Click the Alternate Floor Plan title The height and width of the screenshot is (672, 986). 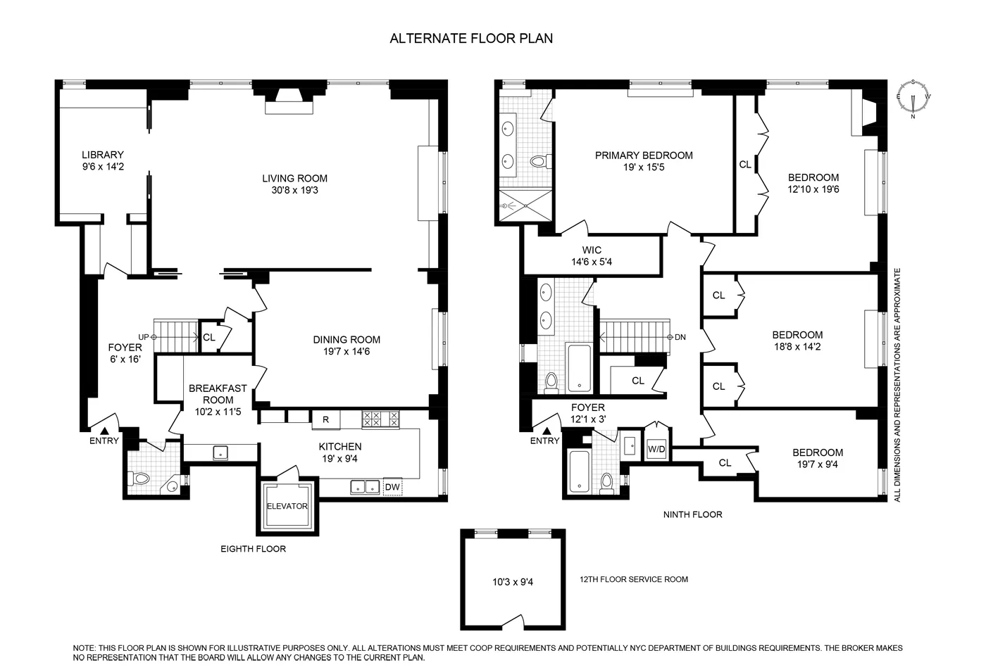pos(471,39)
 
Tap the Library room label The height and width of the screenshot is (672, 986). pos(102,155)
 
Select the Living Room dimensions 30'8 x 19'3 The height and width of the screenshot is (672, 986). pos(295,190)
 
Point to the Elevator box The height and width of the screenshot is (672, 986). pos(287,506)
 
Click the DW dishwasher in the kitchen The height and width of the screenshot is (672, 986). pos(392,486)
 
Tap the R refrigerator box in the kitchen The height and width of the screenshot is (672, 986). pos(325,420)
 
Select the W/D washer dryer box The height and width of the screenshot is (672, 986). pos(656,449)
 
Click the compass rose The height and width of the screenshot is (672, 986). pos(914,99)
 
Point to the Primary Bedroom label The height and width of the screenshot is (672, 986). pos(644,156)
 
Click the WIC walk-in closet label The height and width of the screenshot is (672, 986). pos(592,250)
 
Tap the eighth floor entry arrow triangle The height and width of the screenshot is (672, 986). pos(104,430)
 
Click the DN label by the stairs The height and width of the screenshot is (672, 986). pos(680,337)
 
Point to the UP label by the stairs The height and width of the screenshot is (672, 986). pos(144,337)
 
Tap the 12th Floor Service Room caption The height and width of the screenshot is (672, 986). pos(633,579)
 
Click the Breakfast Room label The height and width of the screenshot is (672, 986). pos(218,393)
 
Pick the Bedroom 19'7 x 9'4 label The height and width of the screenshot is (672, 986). pos(817,452)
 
